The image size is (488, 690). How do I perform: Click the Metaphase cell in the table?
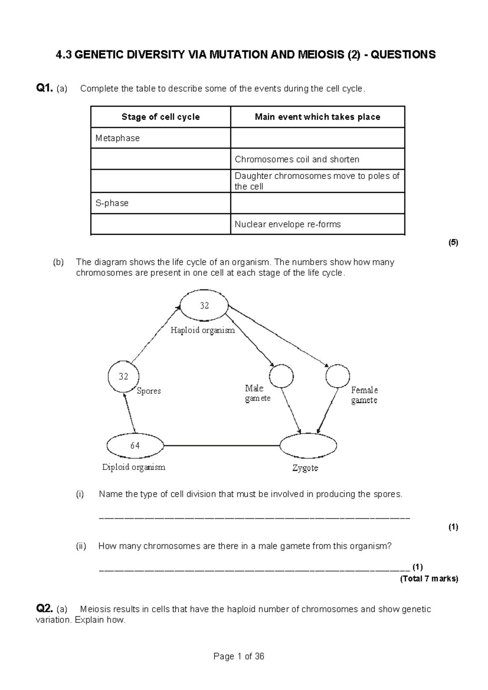[161, 138]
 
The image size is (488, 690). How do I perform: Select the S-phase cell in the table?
[161, 203]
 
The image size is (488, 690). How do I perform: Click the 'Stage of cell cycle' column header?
[161, 117]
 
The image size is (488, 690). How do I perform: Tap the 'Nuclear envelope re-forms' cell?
[317, 224]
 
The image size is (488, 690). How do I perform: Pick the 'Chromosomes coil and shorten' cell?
[317, 159]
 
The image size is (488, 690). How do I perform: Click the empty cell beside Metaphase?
[317, 138]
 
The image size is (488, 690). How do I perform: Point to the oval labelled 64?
[135, 445]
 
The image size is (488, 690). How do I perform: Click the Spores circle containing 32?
[124, 376]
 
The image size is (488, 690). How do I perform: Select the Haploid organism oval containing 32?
[204, 306]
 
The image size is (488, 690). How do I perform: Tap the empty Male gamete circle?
[281, 376]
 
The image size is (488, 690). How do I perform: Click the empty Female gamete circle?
[338, 376]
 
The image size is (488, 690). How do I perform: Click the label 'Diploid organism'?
[134, 467]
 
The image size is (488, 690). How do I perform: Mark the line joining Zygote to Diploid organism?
[222, 446]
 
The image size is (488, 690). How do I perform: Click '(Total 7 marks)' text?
[429, 579]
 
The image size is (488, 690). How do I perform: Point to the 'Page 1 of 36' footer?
[239, 656]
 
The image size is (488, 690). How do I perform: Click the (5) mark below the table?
[453, 243]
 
